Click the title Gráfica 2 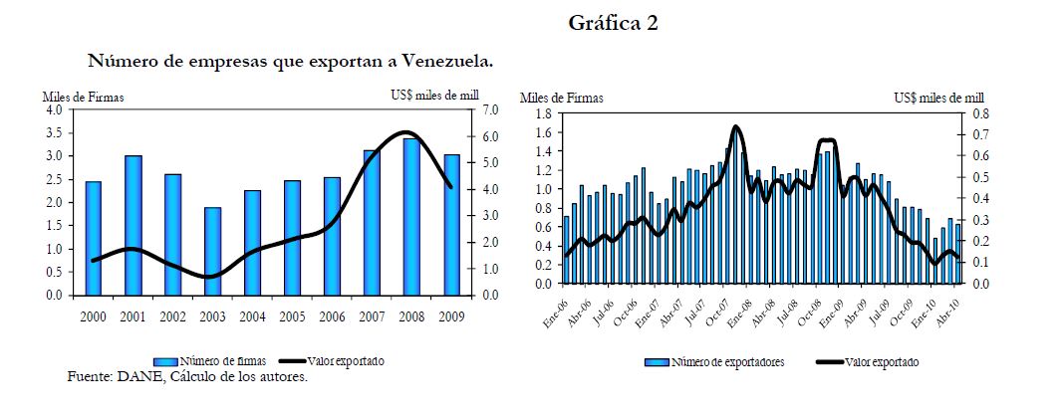coord(613,24)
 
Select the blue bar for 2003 coord(212,251)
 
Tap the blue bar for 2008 coord(411,217)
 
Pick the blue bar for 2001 coord(132,226)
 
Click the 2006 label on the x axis coord(332,316)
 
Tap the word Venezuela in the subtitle coord(447,62)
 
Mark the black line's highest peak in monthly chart coord(735,126)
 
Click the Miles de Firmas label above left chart coord(83,98)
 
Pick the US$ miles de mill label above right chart coord(938,98)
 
